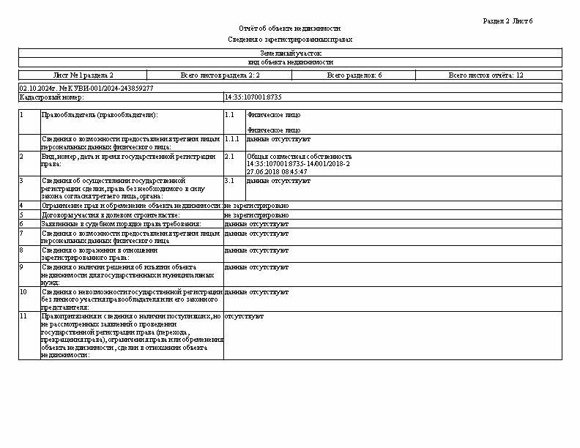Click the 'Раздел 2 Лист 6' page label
pyautogui.click(x=508, y=21)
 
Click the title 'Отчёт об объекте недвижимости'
pyautogui.click(x=289, y=28)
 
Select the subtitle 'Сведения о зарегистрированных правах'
pyautogui.click(x=289, y=40)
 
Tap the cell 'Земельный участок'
pyautogui.click(x=290, y=53)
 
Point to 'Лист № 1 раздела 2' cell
pyautogui.click(x=83, y=75)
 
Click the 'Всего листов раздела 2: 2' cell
pyautogui.click(x=220, y=75)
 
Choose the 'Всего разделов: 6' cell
pyautogui.click(x=354, y=75)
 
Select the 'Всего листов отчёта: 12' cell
pyautogui.click(x=486, y=75)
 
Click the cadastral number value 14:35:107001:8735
pyautogui.click(x=253, y=97)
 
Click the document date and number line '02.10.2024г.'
pyautogui.click(x=86, y=88)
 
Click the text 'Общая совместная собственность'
pyautogui.click(x=299, y=157)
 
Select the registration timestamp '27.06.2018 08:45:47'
pyautogui.click(x=277, y=171)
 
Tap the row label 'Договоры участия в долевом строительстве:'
pyautogui.click(x=110, y=215)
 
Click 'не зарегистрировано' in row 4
pyautogui.click(x=256, y=206)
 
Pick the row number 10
pyautogui.click(x=23, y=291)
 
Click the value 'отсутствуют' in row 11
pyautogui.click(x=239, y=317)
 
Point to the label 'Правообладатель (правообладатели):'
pyautogui.click(x=100, y=115)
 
